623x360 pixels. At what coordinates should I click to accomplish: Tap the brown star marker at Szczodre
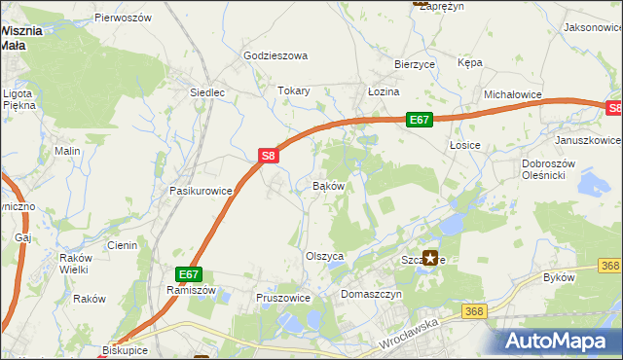(x=430, y=258)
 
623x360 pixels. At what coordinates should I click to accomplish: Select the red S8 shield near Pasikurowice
(x=270, y=155)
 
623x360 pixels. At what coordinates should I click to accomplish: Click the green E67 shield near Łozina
(x=419, y=120)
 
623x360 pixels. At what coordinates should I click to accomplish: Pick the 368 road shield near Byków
(x=610, y=265)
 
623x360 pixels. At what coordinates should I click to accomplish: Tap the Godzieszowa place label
(x=275, y=55)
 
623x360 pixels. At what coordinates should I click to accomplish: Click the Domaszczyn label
(x=371, y=293)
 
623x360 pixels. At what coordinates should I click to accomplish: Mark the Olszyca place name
(x=326, y=256)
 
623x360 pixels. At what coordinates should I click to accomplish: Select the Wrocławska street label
(x=408, y=337)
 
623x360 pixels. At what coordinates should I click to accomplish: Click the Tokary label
(x=294, y=90)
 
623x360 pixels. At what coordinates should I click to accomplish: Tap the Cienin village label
(x=123, y=245)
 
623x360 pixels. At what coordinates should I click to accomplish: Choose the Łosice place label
(x=465, y=144)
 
